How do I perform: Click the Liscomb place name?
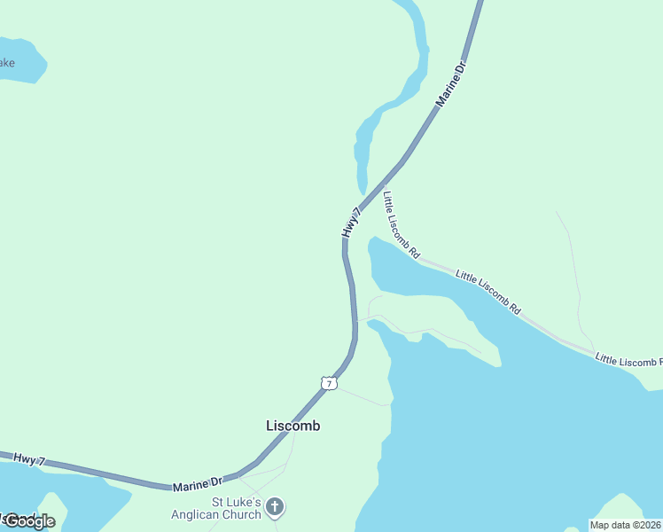pos(292,426)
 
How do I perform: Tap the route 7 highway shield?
pos(329,383)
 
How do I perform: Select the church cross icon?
pos(275,508)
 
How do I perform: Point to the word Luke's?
pos(243,502)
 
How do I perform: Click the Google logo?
pos(29,521)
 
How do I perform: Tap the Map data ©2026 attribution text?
pos(626,525)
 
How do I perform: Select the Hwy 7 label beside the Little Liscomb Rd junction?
pos(352,222)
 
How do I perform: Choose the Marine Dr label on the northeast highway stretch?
pos(451,85)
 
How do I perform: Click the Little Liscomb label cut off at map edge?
pos(628,360)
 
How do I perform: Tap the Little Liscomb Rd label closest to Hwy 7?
pos(401,224)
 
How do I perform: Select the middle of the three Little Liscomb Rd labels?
pos(487,292)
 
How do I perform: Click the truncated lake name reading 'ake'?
pos(7,63)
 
